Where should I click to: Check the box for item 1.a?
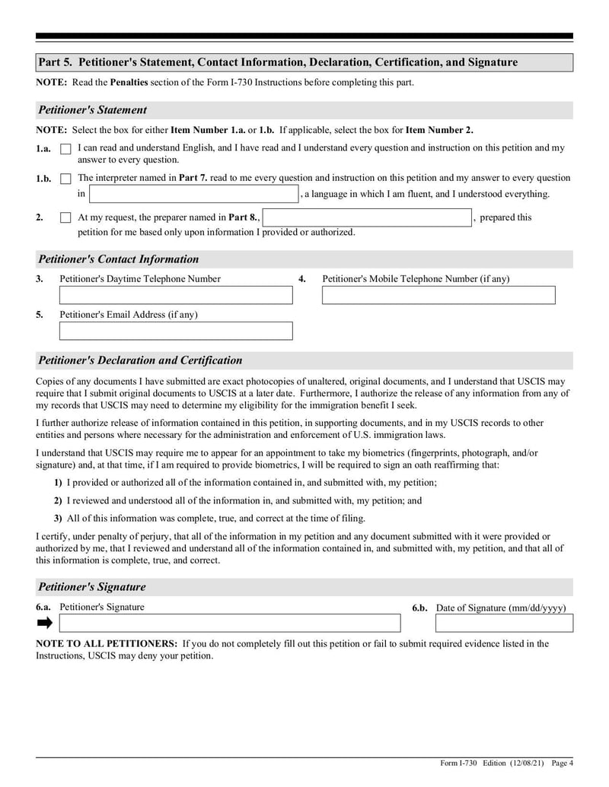[65, 149]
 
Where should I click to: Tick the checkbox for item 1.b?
[65, 179]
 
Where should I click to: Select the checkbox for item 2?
[65, 217]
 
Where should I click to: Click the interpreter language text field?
[194, 194]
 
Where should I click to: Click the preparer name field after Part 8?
[367, 217]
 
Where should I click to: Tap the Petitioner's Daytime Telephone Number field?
[176, 295]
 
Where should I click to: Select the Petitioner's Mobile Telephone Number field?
[438, 295]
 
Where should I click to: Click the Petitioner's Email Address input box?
[176, 331]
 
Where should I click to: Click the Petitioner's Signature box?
[230, 624]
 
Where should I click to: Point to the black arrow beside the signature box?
[45, 624]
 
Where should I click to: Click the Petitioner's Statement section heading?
[92, 110]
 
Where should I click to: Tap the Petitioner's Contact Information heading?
[118, 259]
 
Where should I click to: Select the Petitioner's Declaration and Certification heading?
[140, 360]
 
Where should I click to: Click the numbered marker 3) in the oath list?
[58, 519]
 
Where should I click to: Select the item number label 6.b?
[420, 608]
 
